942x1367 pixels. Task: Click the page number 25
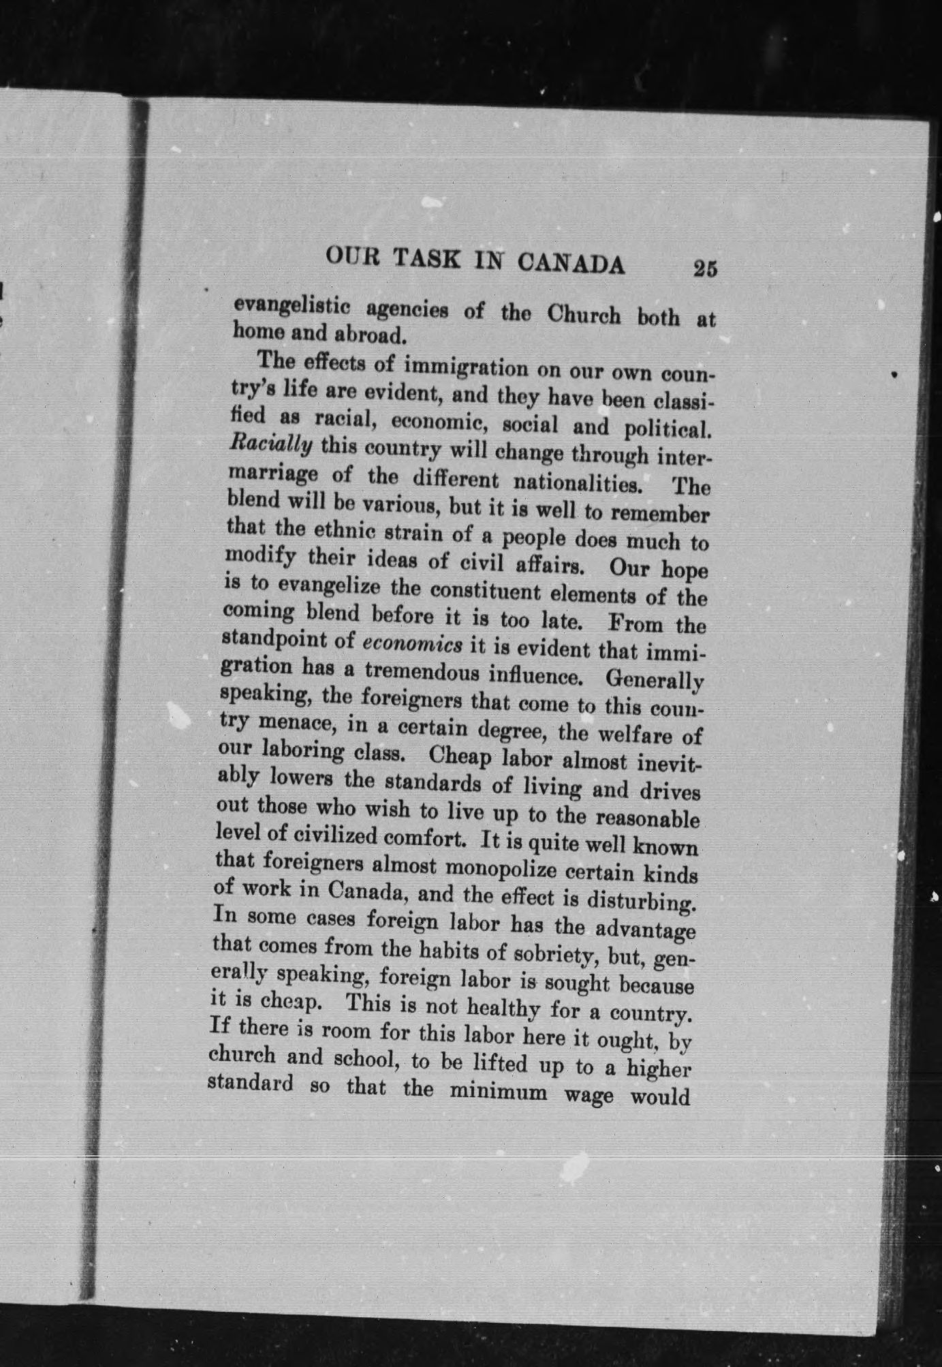coord(705,268)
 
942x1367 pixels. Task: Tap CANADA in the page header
coord(571,264)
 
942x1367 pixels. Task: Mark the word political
coord(668,431)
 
